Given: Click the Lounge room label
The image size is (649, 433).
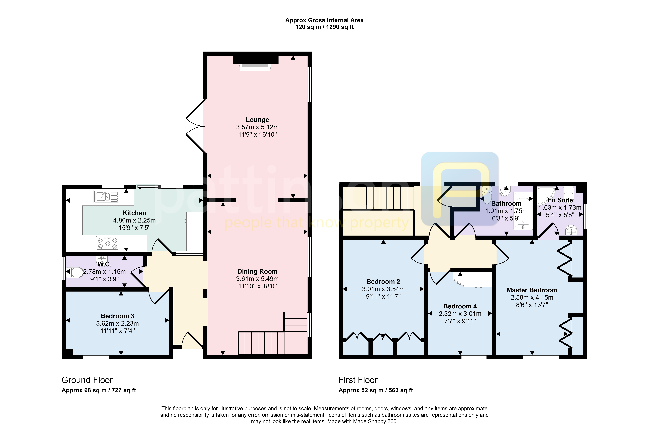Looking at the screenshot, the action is click(257, 120).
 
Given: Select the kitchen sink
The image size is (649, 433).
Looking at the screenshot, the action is click(107, 197).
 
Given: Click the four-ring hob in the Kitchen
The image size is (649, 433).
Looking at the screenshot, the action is click(108, 243).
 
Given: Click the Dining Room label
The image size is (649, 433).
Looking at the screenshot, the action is click(257, 271).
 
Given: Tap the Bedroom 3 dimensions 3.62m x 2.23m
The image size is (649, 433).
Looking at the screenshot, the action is click(118, 323).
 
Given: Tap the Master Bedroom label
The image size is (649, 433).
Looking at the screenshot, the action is click(532, 290).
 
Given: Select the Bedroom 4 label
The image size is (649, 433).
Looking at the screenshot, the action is click(460, 306).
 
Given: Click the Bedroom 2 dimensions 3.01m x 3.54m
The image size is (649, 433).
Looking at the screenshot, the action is click(383, 289).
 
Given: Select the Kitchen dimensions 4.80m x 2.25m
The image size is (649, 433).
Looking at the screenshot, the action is click(134, 220).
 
